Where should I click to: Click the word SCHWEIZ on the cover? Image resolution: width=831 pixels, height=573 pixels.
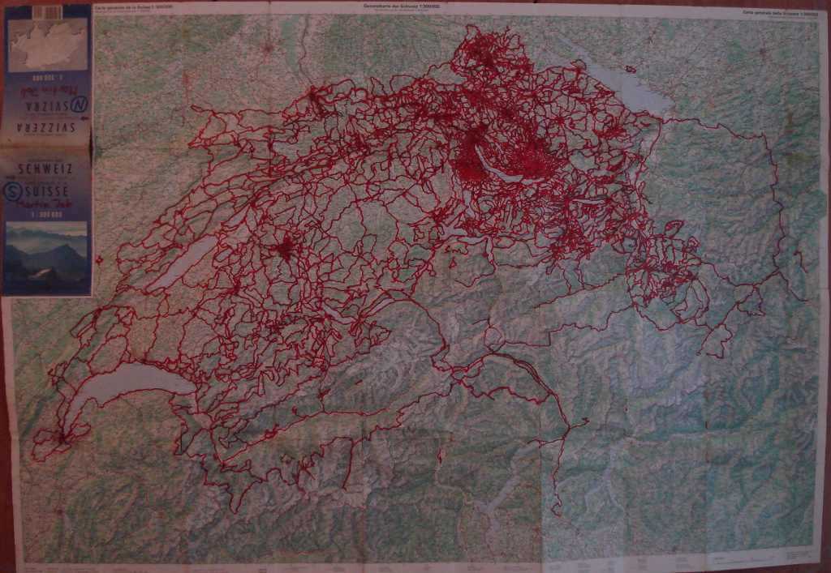tap(47, 169)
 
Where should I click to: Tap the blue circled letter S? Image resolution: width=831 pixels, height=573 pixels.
tap(14, 190)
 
